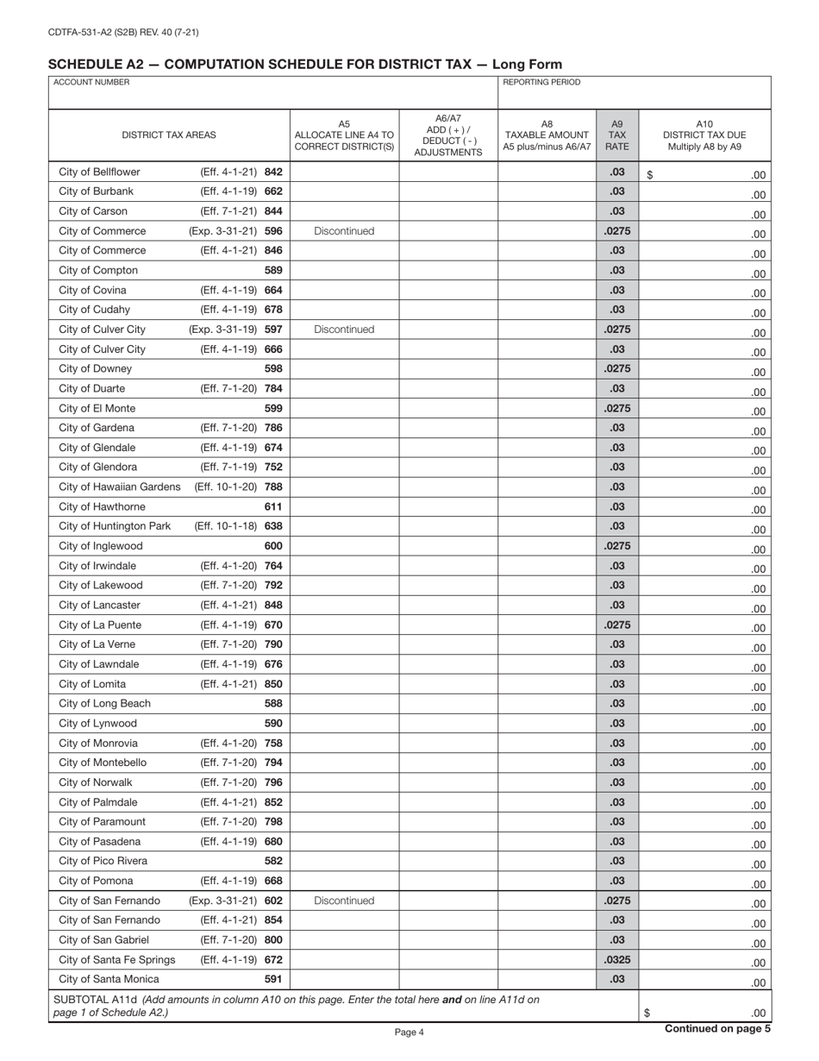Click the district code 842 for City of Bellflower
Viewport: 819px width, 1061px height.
pyautogui.click(x=273, y=172)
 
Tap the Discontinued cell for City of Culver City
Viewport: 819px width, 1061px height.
pyautogui.click(x=344, y=330)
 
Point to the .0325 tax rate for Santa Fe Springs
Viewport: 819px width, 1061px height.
pyautogui.click(x=616, y=959)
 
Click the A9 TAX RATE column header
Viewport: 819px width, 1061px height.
pyautogui.click(x=616, y=135)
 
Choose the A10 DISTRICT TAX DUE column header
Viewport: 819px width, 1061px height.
pyautogui.click(x=703, y=135)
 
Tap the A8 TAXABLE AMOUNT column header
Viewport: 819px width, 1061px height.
pyautogui.click(x=547, y=135)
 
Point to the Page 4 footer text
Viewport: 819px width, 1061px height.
pyautogui.click(x=409, y=1032)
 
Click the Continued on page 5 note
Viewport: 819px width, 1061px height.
pyautogui.click(x=716, y=1028)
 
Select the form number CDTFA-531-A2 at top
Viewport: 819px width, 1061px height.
pyautogui.click(x=123, y=33)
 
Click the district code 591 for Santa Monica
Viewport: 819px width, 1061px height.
pyautogui.click(x=273, y=979)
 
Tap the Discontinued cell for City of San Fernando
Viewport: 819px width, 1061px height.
pyautogui.click(x=344, y=901)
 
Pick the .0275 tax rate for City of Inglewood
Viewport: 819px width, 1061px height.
pyautogui.click(x=616, y=546)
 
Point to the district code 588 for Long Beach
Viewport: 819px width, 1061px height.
pyautogui.click(x=273, y=703)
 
